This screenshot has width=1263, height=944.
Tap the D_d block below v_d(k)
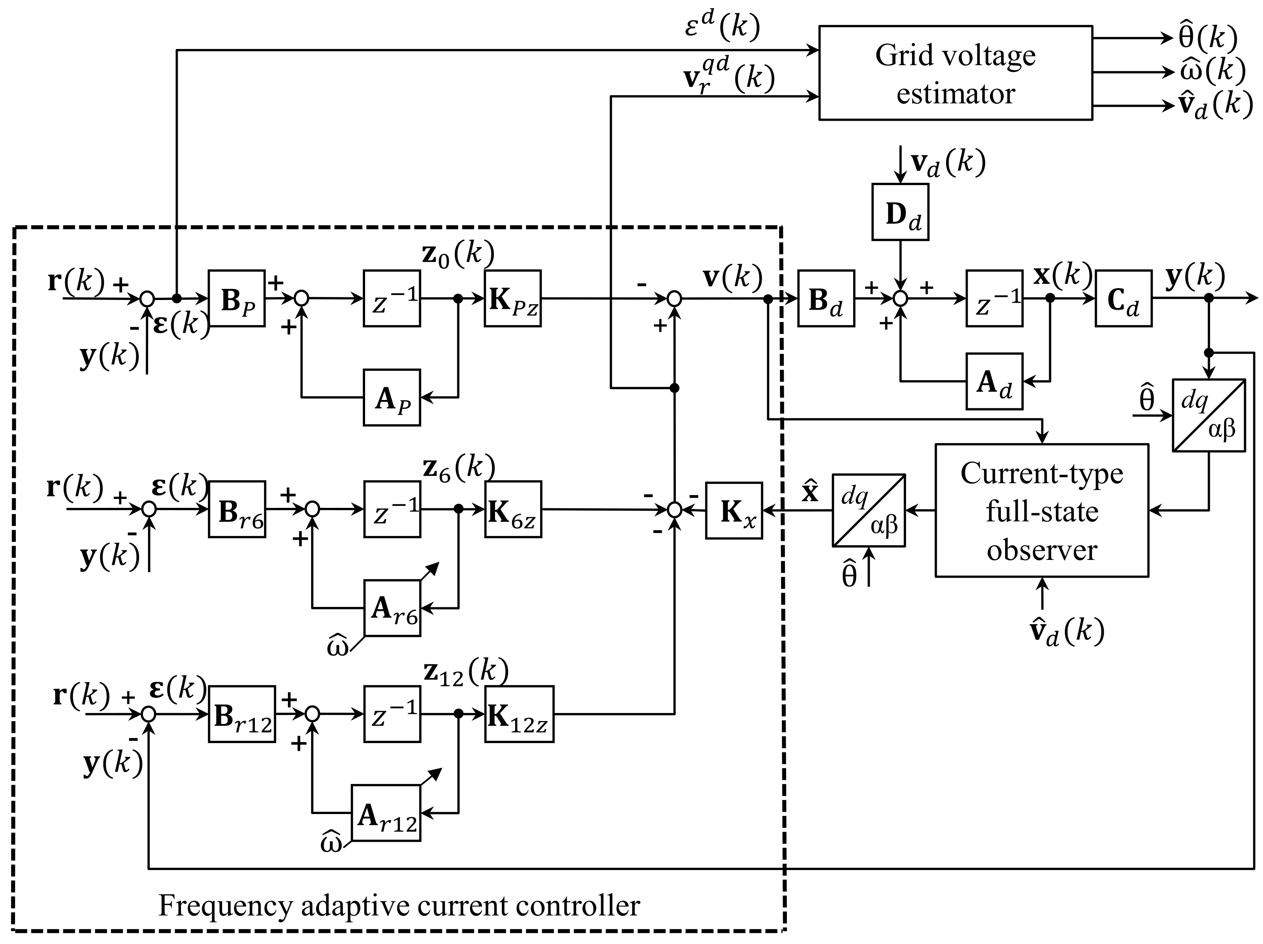(x=901, y=212)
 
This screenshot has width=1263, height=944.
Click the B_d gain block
(x=826, y=298)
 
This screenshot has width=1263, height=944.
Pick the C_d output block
(x=1123, y=298)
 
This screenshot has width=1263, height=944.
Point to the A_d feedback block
(x=994, y=381)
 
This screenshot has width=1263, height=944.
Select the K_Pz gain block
(x=512, y=298)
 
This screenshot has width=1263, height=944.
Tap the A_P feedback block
(x=392, y=398)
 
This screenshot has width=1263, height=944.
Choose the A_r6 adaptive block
(x=392, y=608)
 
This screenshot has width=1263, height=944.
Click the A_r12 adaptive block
(x=386, y=813)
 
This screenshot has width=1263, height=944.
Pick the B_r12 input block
(x=241, y=714)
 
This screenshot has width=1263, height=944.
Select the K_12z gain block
(x=519, y=714)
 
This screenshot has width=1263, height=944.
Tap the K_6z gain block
(x=513, y=509)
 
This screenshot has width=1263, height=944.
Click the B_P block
(x=236, y=298)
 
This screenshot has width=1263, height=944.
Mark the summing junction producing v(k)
(x=674, y=298)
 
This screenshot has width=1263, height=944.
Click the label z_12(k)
(x=465, y=672)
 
